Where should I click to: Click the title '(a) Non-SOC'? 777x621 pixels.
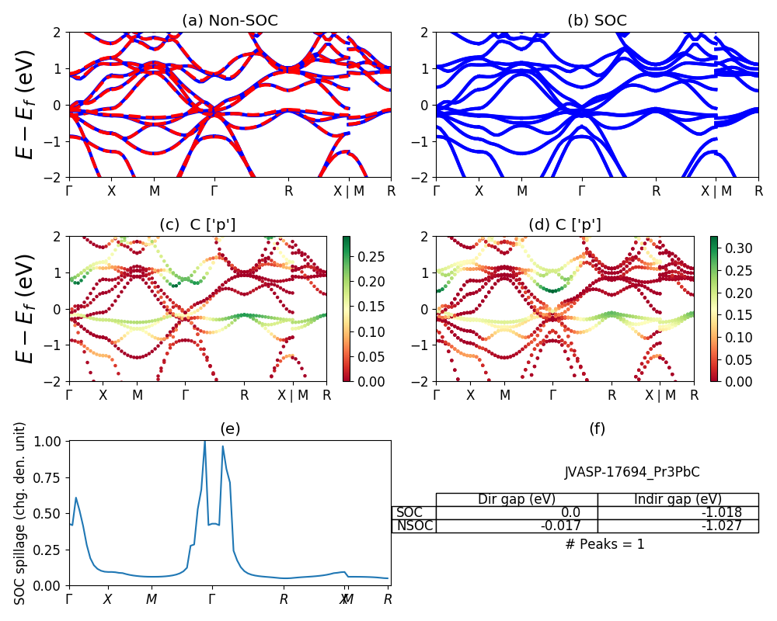[x=229, y=21]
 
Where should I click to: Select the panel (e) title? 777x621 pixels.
[x=229, y=428]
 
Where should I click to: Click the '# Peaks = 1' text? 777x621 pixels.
[x=605, y=544]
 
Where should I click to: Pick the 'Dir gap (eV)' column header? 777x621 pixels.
[x=516, y=499]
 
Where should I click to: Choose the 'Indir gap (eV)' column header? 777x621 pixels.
[x=678, y=499]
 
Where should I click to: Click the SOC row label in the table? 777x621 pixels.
[x=409, y=512]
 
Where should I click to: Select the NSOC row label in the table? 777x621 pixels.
[x=414, y=526]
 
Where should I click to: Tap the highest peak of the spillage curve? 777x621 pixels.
[x=205, y=442]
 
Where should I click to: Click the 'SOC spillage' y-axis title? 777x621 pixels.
[x=21, y=513]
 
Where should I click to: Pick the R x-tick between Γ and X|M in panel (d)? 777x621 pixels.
[x=612, y=395]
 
